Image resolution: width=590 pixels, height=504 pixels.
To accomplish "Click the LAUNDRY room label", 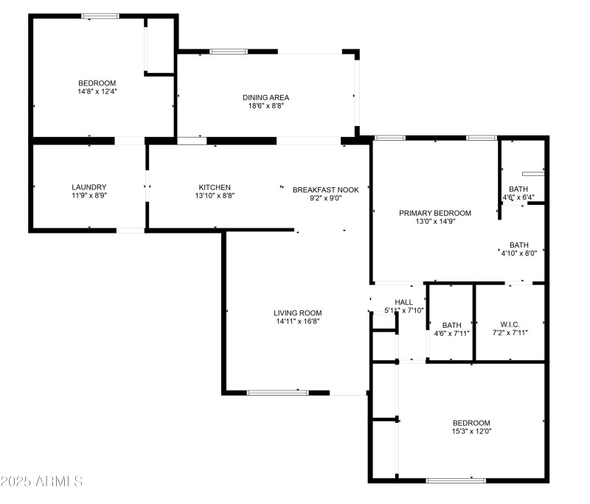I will coord(89,187).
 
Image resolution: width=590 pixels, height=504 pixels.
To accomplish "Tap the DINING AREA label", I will coord(266,97).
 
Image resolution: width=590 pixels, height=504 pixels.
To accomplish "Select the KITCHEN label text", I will coord(215,187).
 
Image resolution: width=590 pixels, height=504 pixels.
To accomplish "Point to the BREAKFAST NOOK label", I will coord(325,189).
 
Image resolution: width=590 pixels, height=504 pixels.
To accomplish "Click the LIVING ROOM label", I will coord(297,312).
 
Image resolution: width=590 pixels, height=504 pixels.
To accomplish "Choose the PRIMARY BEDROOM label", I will coord(435,213).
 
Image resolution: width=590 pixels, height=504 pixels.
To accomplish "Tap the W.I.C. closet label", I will coord(510,324).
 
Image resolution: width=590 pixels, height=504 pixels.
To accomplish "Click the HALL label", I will coord(403,302).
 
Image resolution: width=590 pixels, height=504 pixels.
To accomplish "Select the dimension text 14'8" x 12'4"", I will coord(98,92).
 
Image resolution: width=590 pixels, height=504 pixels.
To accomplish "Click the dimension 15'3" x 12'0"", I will coord(471,432).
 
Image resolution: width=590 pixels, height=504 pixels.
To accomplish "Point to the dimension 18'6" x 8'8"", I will coord(266,106).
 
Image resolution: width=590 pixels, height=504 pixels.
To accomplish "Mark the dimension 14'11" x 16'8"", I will coord(297,321).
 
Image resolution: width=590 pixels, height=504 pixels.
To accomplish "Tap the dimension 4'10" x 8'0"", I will coord(519,254).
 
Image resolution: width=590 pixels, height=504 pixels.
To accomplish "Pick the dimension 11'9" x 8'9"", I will coord(89,196).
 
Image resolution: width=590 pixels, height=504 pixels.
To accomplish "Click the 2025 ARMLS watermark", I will coord(41,482).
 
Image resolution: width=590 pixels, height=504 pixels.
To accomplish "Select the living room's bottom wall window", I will coord(277,392).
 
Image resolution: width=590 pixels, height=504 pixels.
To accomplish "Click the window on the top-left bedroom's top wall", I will coord(100,15).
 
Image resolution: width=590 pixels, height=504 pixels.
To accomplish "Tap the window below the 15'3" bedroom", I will coord(456,480).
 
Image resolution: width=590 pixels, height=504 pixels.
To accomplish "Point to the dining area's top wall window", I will coord(229,52).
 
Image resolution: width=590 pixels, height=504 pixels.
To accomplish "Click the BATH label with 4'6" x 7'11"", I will coord(451,325).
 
